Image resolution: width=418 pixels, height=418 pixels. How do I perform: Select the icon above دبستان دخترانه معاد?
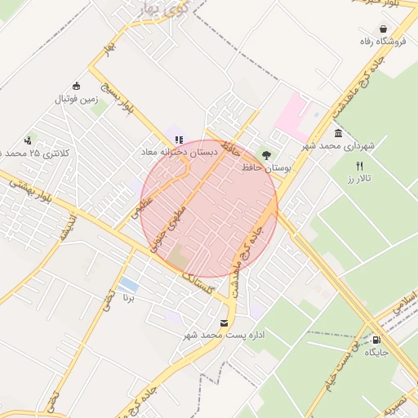179,140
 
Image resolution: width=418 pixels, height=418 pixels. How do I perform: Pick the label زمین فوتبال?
76,99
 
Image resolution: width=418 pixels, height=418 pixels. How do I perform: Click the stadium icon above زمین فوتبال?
77,87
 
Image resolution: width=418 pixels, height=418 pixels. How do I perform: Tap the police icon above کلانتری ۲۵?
29,140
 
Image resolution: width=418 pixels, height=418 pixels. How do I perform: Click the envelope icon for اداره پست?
225,323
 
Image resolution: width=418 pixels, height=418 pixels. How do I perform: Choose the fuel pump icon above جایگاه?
376,340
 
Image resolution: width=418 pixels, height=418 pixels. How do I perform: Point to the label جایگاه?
376,352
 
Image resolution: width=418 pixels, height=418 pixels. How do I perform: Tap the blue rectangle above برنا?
128,284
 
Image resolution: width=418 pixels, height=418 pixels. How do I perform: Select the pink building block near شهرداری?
291,115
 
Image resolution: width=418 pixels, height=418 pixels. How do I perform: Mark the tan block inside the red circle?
176,260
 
